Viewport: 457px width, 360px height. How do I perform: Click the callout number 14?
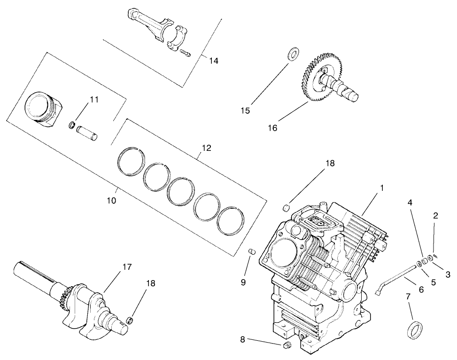(214, 61)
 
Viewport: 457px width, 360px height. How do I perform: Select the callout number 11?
(94, 99)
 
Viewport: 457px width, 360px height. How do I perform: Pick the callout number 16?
(273, 127)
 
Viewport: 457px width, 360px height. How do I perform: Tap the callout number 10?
(111, 200)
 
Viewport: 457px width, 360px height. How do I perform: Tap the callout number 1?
(382, 188)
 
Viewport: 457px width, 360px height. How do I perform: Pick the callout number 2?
(435, 216)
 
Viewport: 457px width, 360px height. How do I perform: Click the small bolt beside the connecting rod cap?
(186, 54)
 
